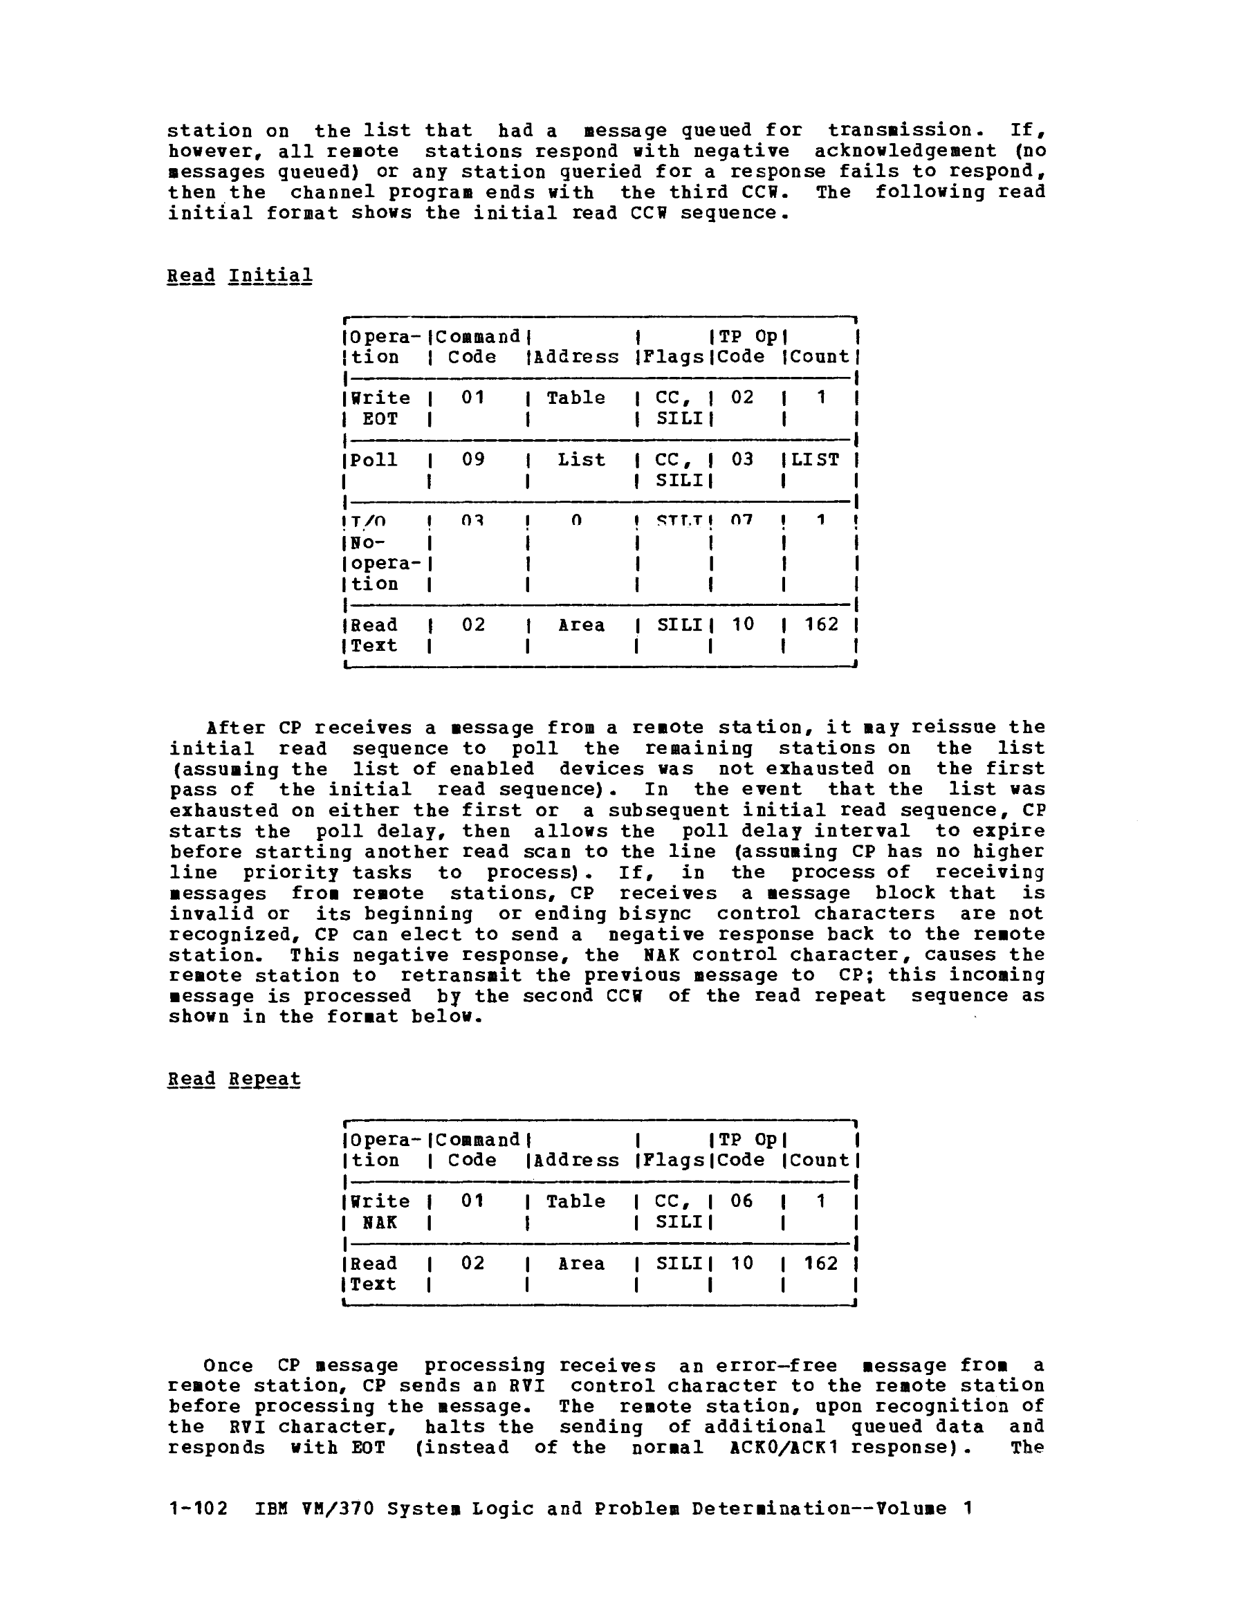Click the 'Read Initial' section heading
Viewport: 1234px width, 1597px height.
[x=239, y=277]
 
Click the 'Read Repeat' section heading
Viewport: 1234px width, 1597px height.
[x=233, y=1079]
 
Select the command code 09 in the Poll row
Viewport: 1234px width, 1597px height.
[x=473, y=460]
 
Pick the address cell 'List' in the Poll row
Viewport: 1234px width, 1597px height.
[x=581, y=460]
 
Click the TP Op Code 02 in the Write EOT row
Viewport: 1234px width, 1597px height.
[x=742, y=398]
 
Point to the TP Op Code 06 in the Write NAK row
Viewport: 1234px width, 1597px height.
[x=742, y=1201]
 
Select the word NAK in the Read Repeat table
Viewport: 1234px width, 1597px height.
[x=380, y=1223]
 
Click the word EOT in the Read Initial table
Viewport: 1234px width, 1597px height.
[x=380, y=419]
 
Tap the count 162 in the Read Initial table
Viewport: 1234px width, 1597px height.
[x=822, y=625]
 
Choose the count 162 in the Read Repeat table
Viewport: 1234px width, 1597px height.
[x=821, y=1264]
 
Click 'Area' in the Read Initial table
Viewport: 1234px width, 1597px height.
[x=581, y=625]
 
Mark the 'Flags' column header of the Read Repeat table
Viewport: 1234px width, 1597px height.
[x=673, y=1161]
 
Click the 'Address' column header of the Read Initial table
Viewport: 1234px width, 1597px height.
[x=575, y=358]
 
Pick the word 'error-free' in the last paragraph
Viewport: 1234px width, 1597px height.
[x=775, y=1365]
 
